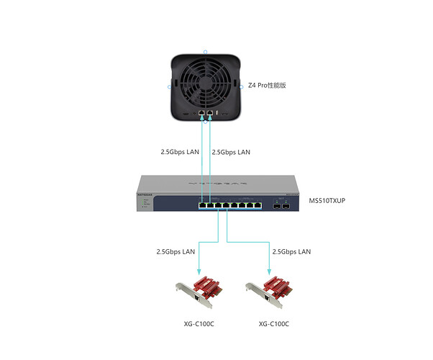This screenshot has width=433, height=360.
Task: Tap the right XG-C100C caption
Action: [x=274, y=324]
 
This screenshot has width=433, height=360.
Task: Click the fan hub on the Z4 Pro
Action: [x=206, y=77]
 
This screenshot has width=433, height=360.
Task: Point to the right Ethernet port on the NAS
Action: [x=210, y=114]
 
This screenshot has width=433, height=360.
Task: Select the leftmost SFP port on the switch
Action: [x=276, y=206]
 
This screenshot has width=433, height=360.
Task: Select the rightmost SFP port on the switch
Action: [x=286, y=206]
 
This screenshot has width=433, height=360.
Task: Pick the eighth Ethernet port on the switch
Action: [x=260, y=206]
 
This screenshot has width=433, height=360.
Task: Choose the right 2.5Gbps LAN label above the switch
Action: [x=232, y=153]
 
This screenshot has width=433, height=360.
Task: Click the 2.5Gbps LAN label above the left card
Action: [x=176, y=252]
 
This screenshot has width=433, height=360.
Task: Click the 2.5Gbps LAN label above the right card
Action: [x=291, y=252]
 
